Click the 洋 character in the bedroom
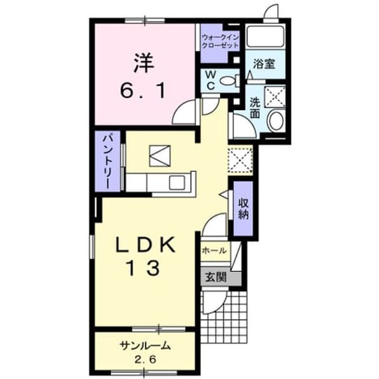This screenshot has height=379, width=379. (144, 63)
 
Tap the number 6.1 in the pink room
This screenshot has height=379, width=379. (143, 90)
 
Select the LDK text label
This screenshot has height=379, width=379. (146, 245)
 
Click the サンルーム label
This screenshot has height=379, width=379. (145, 346)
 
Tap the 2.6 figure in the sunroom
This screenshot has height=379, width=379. (145, 360)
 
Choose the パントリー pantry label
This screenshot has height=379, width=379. (108, 161)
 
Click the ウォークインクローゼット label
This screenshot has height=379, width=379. (220, 42)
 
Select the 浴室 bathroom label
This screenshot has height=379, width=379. (264, 64)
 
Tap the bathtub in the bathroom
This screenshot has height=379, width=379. (265, 35)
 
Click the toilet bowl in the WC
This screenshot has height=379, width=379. (229, 81)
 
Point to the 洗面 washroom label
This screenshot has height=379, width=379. (254, 108)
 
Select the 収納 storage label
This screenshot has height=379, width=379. (244, 209)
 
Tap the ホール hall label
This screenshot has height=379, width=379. (214, 251)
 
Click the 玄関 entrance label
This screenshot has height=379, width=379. (215, 277)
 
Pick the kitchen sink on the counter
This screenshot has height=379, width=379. (177, 182)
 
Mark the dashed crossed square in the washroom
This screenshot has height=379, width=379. (275, 97)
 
